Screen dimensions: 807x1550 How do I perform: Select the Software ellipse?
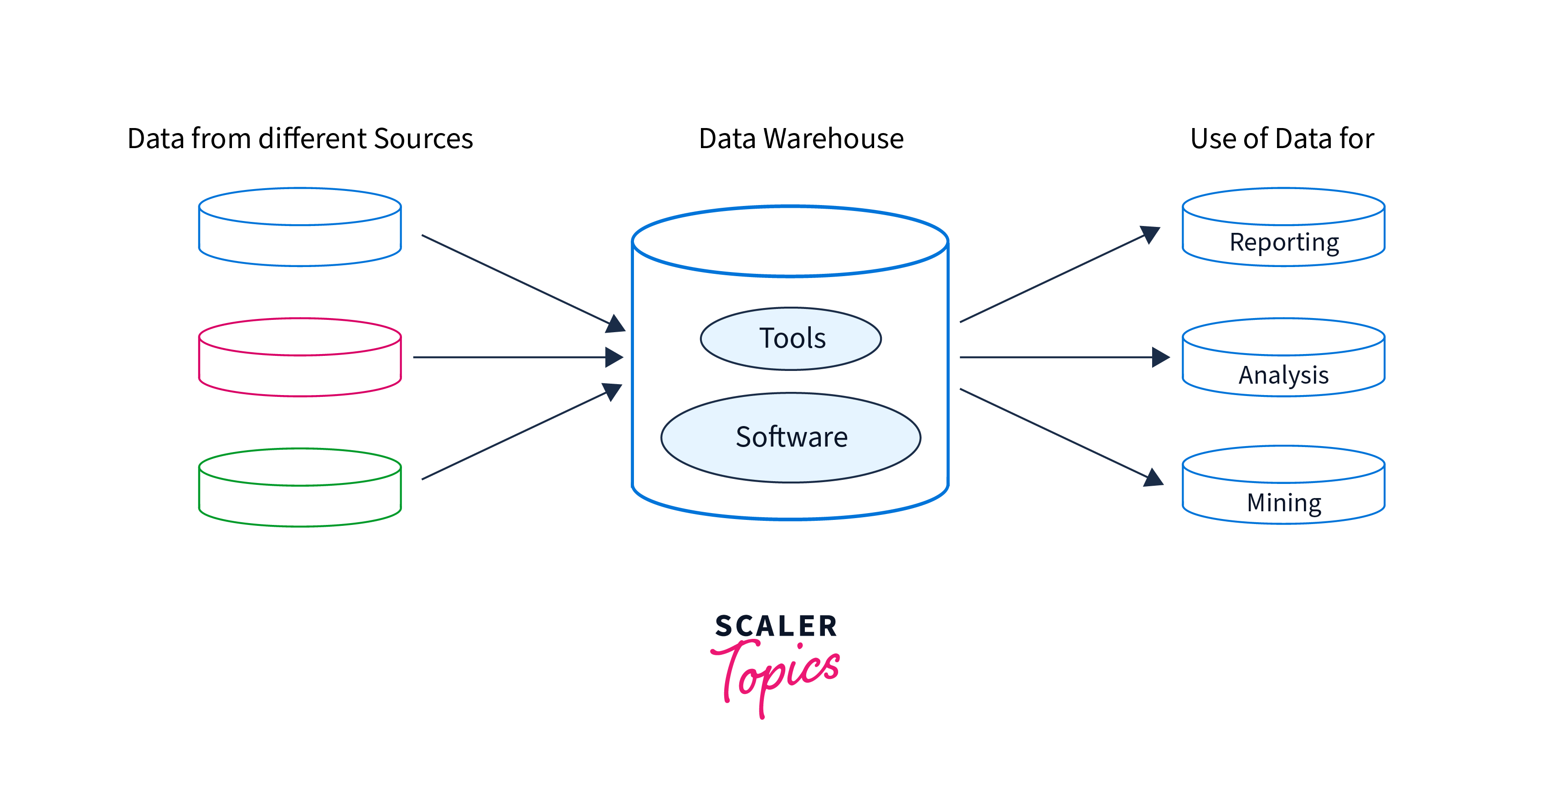tap(791, 437)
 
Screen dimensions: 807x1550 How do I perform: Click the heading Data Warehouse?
tap(801, 139)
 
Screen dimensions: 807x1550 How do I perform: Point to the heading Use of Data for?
tap(1282, 139)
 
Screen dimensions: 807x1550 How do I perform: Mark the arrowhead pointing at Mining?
tap(1153, 478)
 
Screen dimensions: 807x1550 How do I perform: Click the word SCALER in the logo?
tap(776, 627)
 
